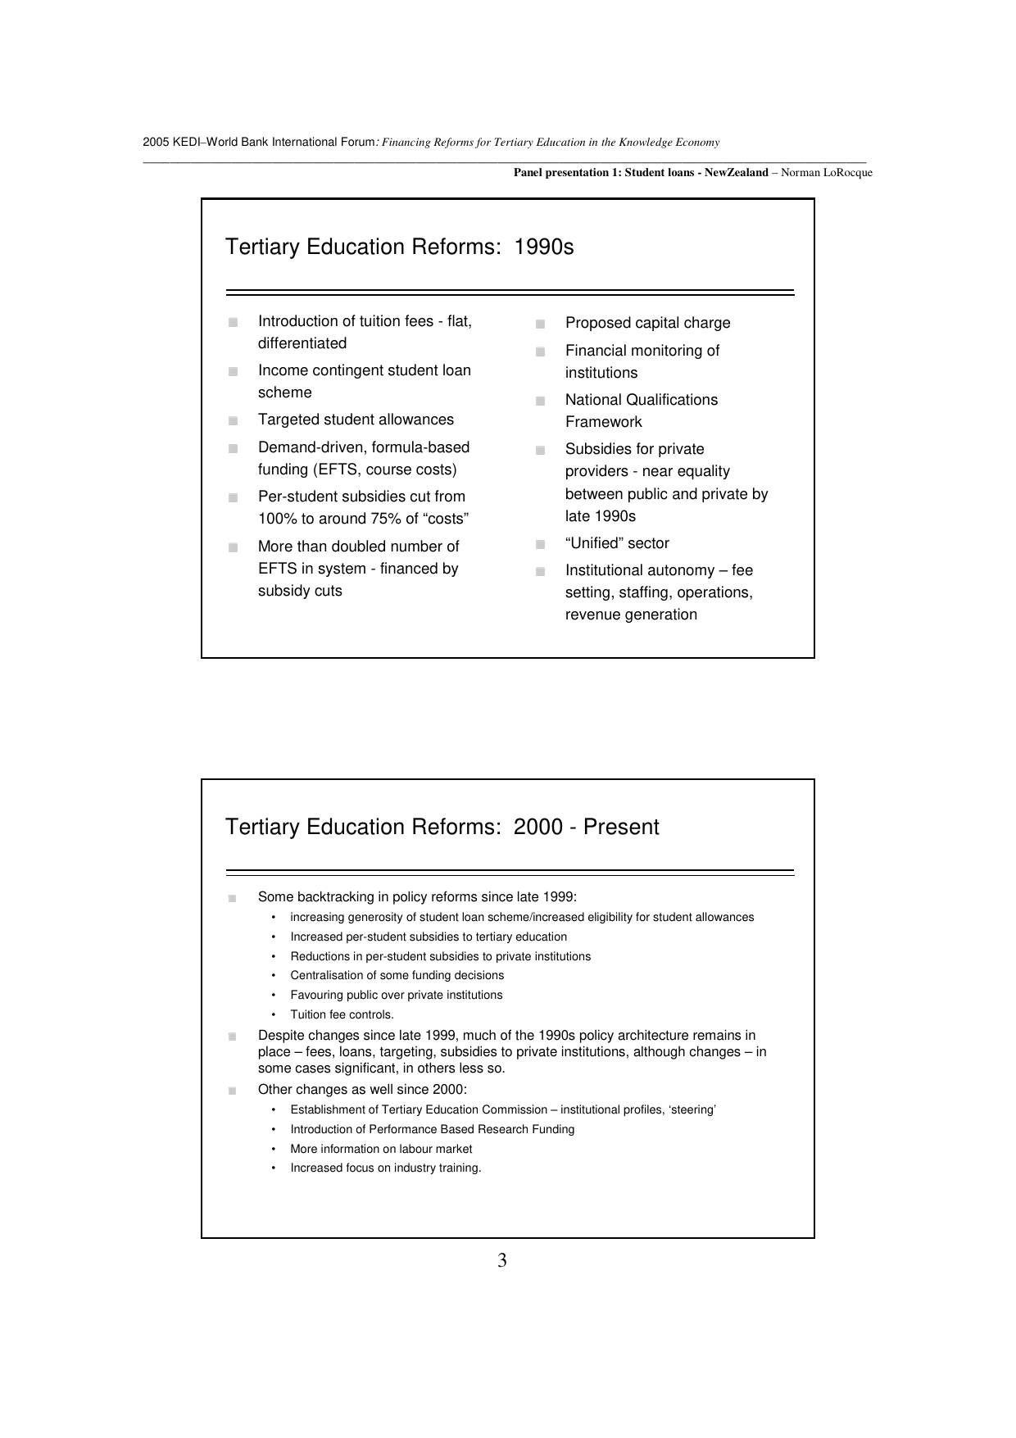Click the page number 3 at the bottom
(502, 1261)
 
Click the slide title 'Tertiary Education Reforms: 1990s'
(399, 247)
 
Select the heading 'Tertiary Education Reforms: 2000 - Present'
(442, 828)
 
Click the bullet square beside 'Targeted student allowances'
(234, 421)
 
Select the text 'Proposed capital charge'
(647, 324)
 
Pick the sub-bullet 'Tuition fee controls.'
(342, 1015)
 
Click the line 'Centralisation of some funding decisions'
(397, 976)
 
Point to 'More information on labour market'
(381, 1150)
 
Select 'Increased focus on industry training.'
(385, 1168)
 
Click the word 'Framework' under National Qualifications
(603, 423)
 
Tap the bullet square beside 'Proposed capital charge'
(541, 324)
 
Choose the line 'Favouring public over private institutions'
(396, 996)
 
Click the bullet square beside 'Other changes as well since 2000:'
(233, 1091)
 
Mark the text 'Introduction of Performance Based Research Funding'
(432, 1130)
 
